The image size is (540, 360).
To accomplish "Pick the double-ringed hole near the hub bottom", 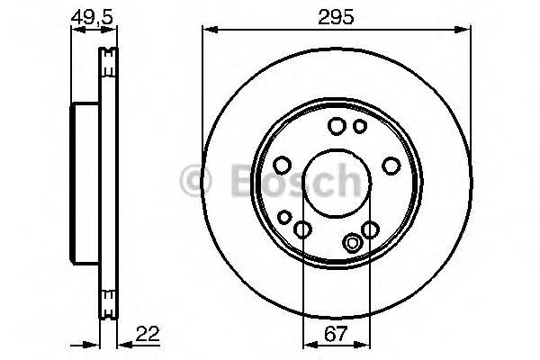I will (353, 241).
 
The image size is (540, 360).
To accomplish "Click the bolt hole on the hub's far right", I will (391, 165).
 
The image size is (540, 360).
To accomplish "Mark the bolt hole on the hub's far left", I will (281, 165).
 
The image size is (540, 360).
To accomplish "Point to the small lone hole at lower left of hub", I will (284, 217).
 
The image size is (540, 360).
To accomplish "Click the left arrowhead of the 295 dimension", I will (206, 30).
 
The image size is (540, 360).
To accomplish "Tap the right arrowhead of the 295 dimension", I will (467, 30).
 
